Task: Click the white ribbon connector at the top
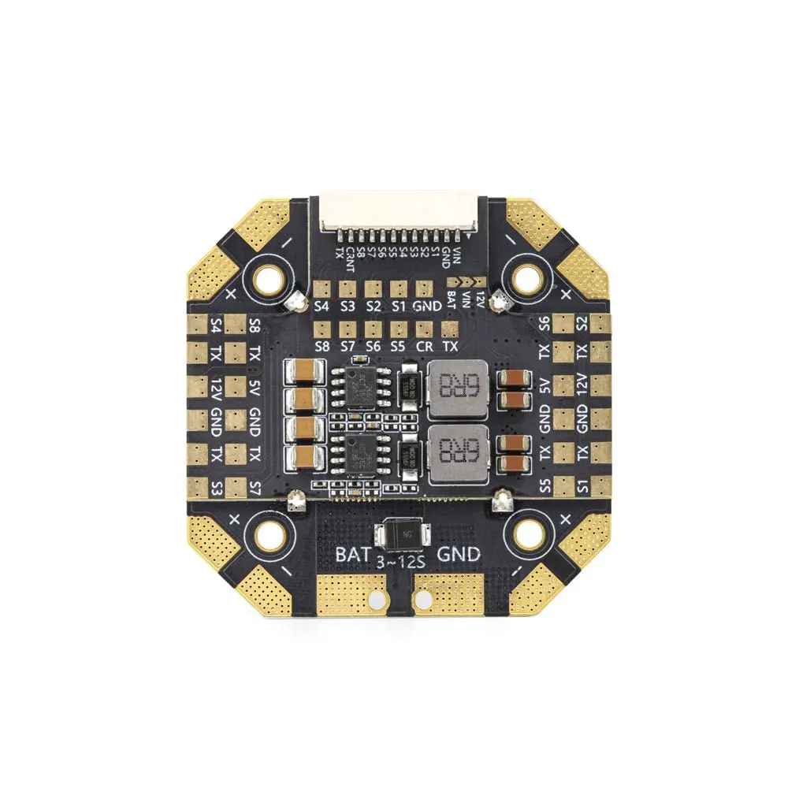click(x=398, y=212)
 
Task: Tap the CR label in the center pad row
click(x=424, y=345)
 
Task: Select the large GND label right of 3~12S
click(x=458, y=554)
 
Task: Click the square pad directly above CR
click(x=424, y=325)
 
